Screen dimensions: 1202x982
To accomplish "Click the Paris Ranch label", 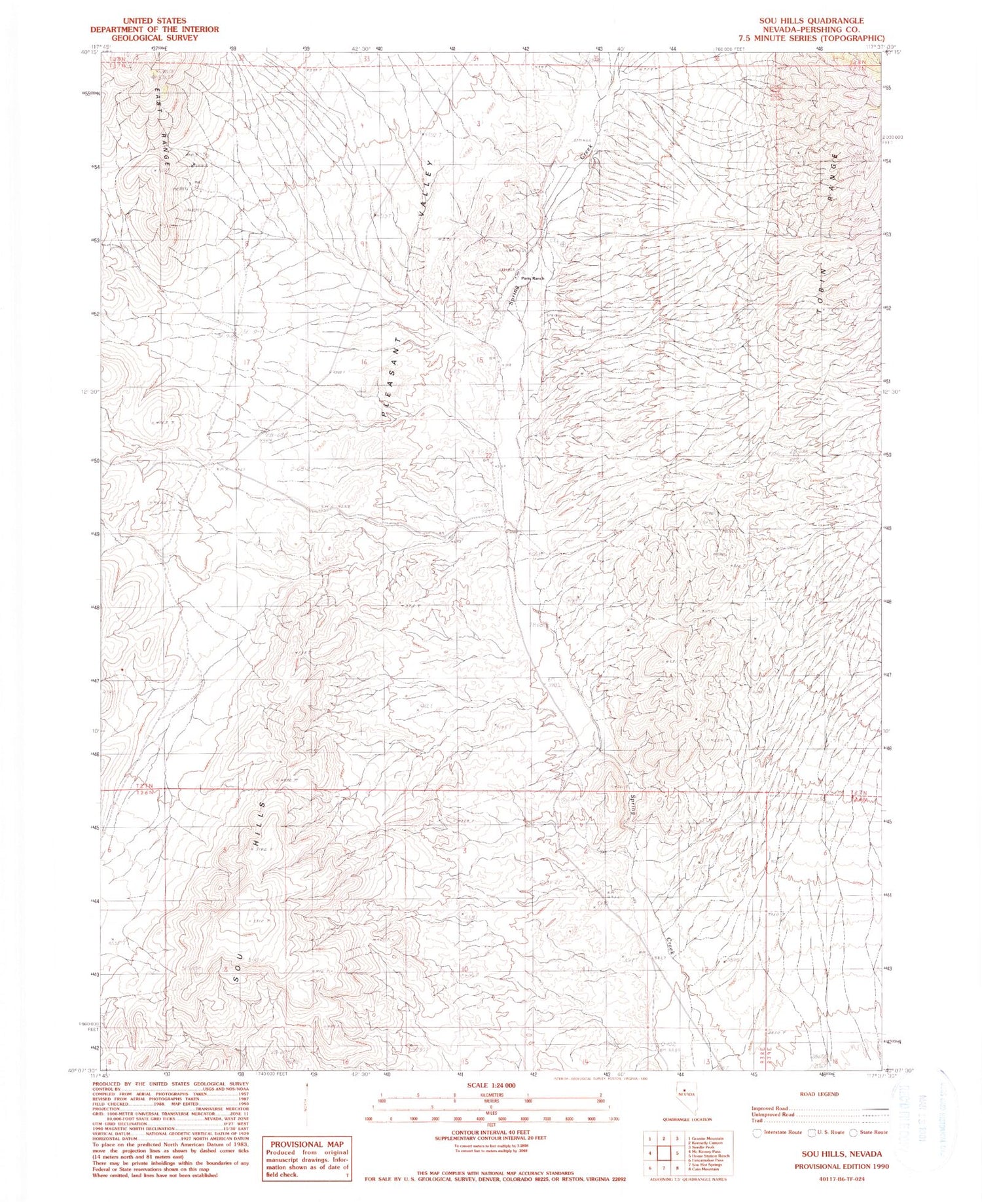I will (532, 279).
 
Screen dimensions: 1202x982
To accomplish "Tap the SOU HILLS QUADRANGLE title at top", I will (811, 21).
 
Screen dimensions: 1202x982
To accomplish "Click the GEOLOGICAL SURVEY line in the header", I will (154, 38).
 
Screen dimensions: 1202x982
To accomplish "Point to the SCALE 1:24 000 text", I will (491, 1085).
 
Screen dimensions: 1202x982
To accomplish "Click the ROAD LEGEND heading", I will (819, 1094).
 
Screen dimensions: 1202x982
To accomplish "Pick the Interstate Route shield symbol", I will (758, 1132).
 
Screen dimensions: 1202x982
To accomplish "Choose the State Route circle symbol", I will (854, 1132).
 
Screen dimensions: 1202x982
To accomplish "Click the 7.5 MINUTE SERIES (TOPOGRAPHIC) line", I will (811, 38).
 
